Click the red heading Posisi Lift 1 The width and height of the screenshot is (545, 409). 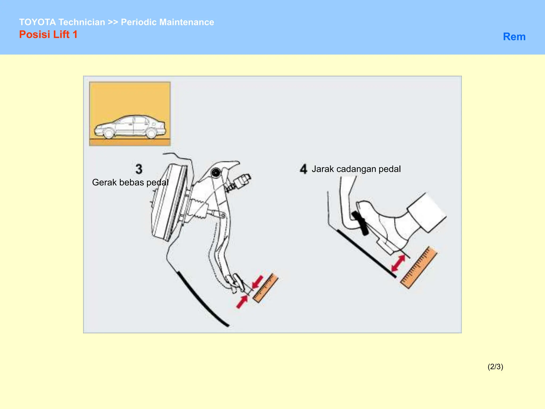pyautogui.click(x=48, y=35)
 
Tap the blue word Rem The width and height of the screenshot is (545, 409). pyautogui.click(x=514, y=37)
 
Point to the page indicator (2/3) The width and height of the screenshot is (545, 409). pyautogui.click(x=495, y=367)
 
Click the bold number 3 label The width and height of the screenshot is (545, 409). pyautogui.click(x=139, y=169)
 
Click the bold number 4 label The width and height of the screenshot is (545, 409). pyautogui.click(x=303, y=169)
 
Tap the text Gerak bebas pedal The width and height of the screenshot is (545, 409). pyautogui.click(x=130, y=182)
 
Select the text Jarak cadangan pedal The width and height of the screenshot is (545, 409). pyautogui.click(x=356, y=169)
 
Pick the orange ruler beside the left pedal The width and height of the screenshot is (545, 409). pyautogui.click(x=265, y=288)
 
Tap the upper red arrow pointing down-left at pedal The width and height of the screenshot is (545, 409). pyautogui.click(x=258, y=282)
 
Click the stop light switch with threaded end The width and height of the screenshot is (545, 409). pyautogui.click(x=240, y=182)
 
